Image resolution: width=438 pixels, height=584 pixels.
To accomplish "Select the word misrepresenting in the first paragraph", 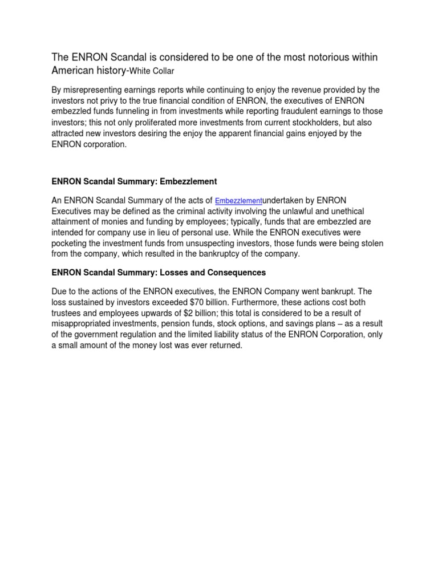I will [x=101, y=90].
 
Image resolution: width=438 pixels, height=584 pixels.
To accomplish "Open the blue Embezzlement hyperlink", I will [x=238, y=201].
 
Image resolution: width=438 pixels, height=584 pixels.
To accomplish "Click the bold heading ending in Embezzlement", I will [x=135, y=181].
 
